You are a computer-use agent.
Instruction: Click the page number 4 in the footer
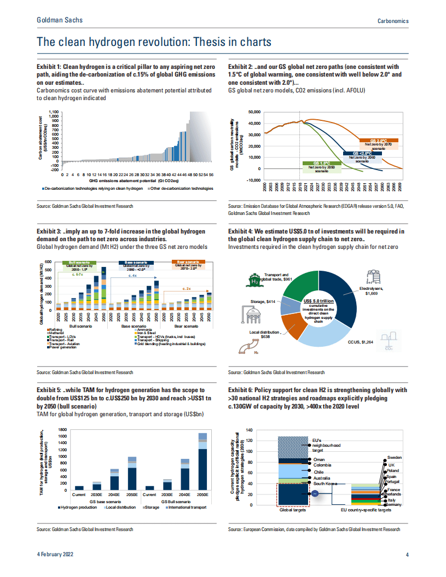point(407,555)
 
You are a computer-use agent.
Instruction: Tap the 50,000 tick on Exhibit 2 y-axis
point(253,112)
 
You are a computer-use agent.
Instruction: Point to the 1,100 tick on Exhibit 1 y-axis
point(53,112)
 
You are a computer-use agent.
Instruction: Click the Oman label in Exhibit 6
point(319,460)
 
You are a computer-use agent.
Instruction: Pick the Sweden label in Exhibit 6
point(395,457)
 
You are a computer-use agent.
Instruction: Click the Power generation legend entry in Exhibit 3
point(62,347)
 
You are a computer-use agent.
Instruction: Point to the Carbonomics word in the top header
point(393,20)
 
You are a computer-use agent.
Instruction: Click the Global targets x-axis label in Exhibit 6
point(293,510)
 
